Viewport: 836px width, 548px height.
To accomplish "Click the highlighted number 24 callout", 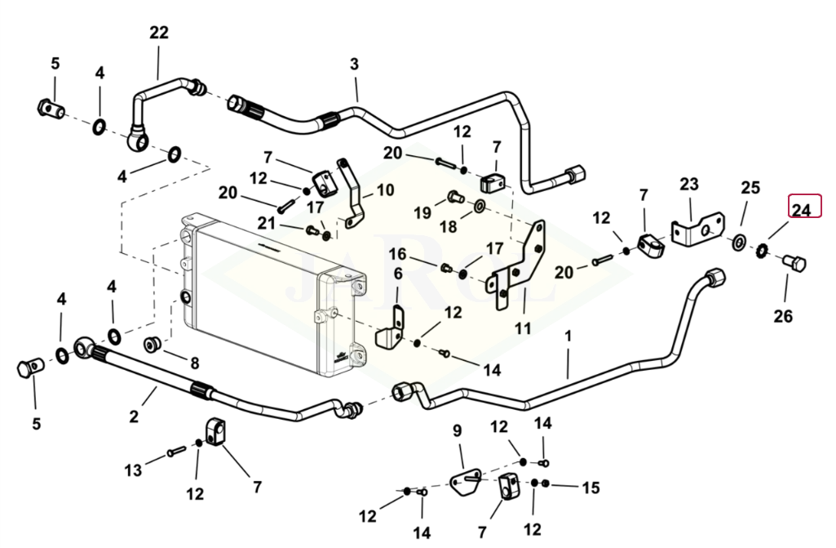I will click(803, 210).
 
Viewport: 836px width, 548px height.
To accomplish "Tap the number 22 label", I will click(159, 33).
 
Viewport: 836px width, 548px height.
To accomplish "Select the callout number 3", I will click(354, 64).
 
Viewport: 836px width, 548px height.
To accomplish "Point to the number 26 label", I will click(783, 316).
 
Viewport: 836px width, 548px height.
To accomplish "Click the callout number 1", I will click(568, 336).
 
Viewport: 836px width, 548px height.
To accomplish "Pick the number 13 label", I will click(133, 470).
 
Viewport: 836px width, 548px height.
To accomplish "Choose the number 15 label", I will click(590, 488).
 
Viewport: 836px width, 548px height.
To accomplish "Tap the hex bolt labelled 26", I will click(794, 264).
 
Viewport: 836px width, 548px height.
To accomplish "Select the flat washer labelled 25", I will click(738, 242).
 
